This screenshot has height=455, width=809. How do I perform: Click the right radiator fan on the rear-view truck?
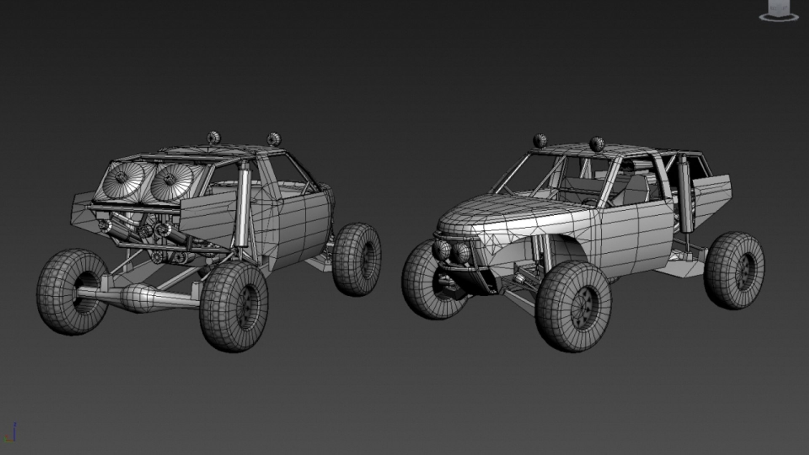tap(171, 181)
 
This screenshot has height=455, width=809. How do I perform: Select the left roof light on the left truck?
tap(214, 137)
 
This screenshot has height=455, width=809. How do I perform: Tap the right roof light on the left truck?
tap(273, 139)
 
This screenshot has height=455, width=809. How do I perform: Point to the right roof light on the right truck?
tap(597, 144)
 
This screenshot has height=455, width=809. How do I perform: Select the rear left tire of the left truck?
tap(72, 292)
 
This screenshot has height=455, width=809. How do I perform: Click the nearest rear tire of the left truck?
tap(234, 306)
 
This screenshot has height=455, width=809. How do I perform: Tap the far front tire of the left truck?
tap(357, 259)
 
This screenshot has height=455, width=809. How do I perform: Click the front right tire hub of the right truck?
tap(581, 307)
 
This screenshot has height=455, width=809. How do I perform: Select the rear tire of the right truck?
tap(734, 270)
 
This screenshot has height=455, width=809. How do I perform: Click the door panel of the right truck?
tap(632, 232)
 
